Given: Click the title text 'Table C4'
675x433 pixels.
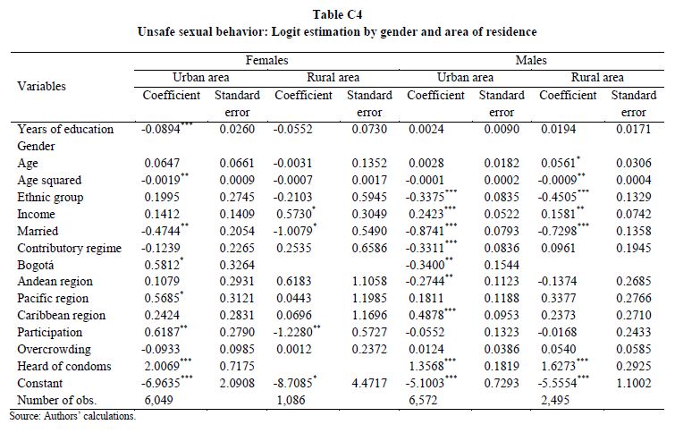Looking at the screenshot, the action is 337,14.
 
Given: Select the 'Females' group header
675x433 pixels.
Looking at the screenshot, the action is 267,60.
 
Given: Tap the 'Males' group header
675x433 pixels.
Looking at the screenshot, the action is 531,60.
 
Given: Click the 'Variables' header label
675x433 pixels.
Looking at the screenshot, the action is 41,86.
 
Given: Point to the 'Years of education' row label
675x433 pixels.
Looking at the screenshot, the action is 65,129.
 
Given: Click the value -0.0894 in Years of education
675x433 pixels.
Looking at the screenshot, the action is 161,129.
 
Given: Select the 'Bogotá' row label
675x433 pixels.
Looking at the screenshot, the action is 35,265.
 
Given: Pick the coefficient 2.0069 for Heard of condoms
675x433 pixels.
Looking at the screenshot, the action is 162,366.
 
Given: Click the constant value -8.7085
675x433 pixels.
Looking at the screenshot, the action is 292,383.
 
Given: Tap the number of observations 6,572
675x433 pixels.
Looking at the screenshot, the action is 423,400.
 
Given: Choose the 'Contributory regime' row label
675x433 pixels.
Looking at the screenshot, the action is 70,248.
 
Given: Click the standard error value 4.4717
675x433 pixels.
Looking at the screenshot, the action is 369,383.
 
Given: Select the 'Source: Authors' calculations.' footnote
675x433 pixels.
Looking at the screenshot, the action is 72,416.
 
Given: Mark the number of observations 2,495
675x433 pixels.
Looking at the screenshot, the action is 555,400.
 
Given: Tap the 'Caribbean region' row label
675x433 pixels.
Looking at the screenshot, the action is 61,316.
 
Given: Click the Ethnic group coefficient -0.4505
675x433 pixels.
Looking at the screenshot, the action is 557,197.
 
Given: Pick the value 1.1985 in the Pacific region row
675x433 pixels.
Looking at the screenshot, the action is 369,298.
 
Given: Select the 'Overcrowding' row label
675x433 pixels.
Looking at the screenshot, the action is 54,350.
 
